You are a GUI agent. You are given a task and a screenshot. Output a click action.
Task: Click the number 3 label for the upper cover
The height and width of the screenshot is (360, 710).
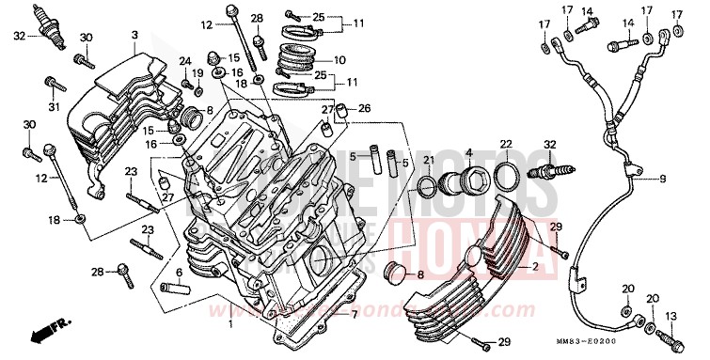click(x=134, y=35)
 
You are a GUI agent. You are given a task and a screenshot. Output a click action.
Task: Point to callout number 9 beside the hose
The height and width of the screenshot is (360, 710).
click(x=689, y=178)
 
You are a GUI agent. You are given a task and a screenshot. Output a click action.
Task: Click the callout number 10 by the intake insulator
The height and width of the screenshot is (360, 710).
click(x=339, y=58)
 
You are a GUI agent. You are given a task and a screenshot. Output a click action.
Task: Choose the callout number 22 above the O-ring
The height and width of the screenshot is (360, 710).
click(x=506, y=144)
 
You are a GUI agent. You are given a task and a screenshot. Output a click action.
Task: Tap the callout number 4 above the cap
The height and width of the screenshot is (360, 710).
click(x=468, y=152)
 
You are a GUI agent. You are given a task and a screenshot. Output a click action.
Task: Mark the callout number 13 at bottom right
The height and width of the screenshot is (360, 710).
click(x=671, y=317)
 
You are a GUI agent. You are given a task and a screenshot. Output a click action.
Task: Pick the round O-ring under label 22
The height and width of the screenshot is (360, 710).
click(x=505, y=174)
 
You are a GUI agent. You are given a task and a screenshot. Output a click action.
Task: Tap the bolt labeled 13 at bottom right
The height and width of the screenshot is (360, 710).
click(x=671, y=336)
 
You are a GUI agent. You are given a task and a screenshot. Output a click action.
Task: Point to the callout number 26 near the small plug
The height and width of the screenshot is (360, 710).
click(x=364, y=109)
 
